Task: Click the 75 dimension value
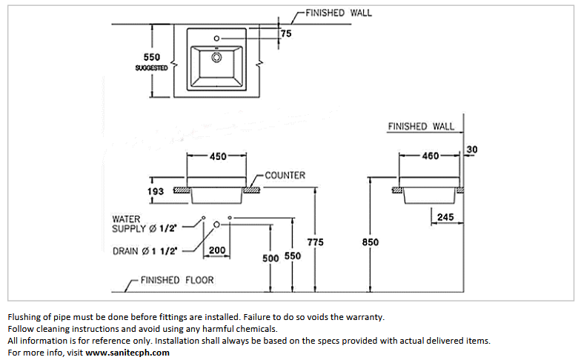(286, 34)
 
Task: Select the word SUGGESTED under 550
(151, 68)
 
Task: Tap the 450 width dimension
(218, 156)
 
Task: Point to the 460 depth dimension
(430, 156)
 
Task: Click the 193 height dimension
(156, 191)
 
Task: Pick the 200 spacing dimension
(216, 250)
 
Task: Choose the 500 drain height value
(270, 258)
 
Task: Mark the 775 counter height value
(316, 242)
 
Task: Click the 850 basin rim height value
(371, 242)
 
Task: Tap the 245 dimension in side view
(445, 217)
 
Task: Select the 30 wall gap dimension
(471, 150)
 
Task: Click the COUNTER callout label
(285, 175)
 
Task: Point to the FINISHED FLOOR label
(177, 280)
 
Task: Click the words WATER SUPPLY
(129, 224)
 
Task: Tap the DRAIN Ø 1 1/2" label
(145, 251)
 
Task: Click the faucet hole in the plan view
(216, 39)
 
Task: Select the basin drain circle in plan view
(216, 58)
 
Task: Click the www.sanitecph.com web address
(127, 353)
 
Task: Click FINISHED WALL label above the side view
(421, 127)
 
